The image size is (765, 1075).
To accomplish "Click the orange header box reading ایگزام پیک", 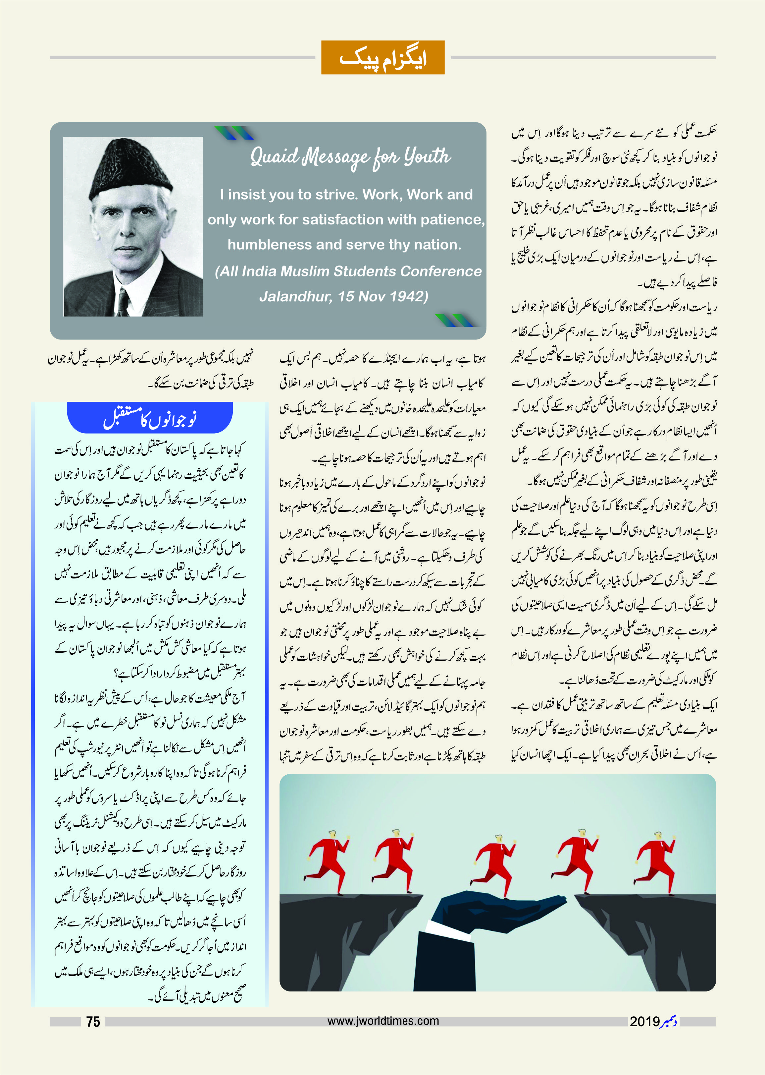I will coord(382,58).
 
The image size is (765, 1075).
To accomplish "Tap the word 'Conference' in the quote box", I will coord(441,271).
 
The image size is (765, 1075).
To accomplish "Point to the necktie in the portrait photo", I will coord(124,302).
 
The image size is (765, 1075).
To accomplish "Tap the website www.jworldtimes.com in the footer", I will coord(383,1021).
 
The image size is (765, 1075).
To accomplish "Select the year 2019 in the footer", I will coord(644,1022).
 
